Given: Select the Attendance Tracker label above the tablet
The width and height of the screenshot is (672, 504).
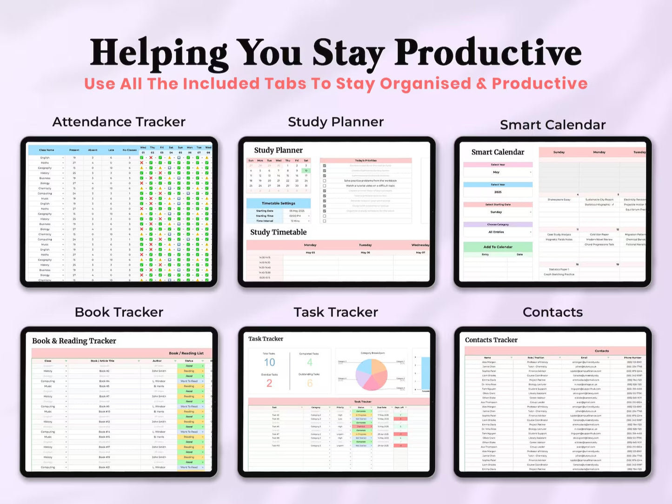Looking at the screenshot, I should coord(119,122).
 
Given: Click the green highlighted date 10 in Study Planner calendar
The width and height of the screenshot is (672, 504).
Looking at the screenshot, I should coord(306,170).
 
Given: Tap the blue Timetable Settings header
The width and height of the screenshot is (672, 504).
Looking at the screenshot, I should coord(278,203).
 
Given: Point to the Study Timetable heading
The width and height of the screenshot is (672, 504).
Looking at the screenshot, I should coord(278,232).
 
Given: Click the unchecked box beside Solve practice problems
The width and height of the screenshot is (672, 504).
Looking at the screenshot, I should coord(324,181).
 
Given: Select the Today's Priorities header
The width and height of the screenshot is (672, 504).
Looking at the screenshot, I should coord(366,161).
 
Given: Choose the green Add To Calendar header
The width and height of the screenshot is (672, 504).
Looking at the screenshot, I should coord(498,247).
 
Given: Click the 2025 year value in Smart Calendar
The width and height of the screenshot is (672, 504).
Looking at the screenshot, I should coord(498,192).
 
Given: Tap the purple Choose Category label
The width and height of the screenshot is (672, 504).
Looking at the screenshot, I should coord(498,224).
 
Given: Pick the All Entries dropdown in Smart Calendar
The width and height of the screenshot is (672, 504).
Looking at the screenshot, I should coord(498,232).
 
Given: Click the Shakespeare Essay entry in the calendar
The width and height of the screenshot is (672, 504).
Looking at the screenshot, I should coord(559,200).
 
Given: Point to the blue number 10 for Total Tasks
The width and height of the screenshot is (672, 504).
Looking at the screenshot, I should coord(269,363).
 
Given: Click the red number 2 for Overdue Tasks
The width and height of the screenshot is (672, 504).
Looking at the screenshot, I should coord(269,383).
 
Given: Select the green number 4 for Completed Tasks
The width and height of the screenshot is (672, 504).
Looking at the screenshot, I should coord(310,363).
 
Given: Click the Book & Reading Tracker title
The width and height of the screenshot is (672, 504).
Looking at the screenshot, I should coord(74,341).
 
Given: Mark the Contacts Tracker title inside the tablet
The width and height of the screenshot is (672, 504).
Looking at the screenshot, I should coord(491,340).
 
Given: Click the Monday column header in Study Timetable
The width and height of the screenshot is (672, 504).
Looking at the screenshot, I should coord(310,245).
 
